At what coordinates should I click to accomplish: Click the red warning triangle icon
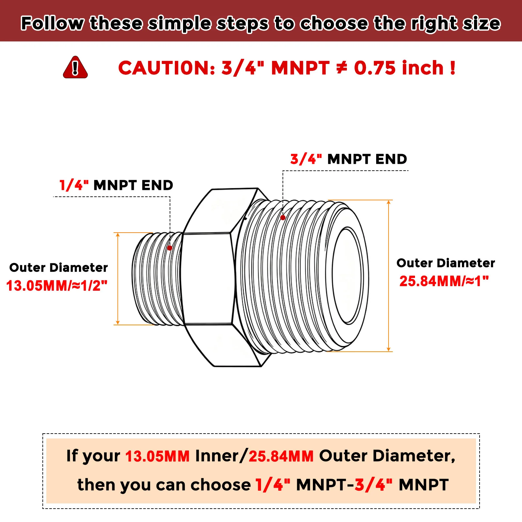pyautogui.click(x=75, y=67)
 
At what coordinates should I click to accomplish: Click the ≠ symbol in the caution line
pyautogui.click(x=342, y=68)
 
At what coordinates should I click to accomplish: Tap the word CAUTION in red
pyautogui.click(x=167, y=68)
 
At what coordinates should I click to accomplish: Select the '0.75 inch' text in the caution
pyautogui.click(x=399, y=68)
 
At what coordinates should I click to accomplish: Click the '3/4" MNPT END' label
pyautogui.click(x=348, y=159)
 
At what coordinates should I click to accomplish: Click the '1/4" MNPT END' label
pyautogui.click(x=116, y=185)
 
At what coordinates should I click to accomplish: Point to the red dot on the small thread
pyautogui.click(x=170, y=248)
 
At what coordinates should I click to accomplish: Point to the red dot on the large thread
pyautogui.click(x=283, y=218)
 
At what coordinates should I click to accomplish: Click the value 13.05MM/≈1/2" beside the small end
pyautogui.click(x=57, y=286)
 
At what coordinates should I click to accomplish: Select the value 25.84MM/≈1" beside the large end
pyautogui.click(x=444, y=281)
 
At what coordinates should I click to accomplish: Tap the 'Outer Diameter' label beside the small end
pyautogui.click(x=58, y=268)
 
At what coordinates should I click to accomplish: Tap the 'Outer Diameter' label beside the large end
pyautogui.click(x=446, y=263)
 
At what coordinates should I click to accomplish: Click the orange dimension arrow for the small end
pyautogui.click(x=118, y=279)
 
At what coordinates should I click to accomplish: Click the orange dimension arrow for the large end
pyautogui.click(x=389, y=276)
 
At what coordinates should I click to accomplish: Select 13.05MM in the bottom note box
pyautogui.click(x=157, y=456)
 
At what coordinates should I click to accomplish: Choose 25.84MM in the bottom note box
pyautogui.click(x=281, y=456)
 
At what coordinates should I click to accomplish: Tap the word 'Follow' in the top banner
pyautogui.click(x=53, y=23)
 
